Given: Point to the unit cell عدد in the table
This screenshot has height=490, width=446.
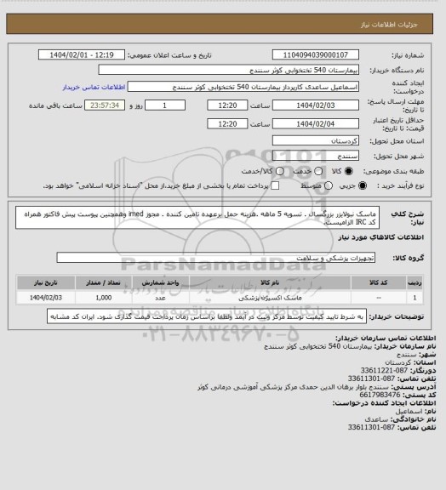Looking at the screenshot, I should point(160,298).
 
